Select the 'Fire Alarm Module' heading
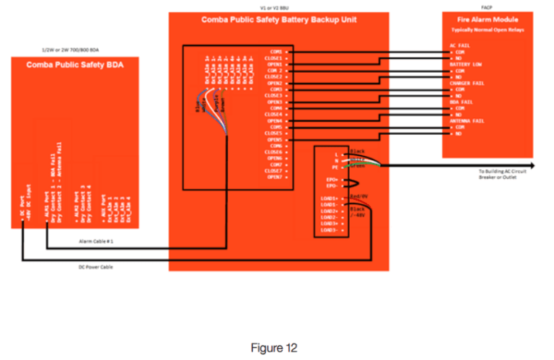tap(488, 19)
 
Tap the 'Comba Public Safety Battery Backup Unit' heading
tap(278, 19)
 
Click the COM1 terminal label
tap(276, 52)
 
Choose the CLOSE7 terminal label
tap(273, 172)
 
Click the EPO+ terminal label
tap(335, 179)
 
